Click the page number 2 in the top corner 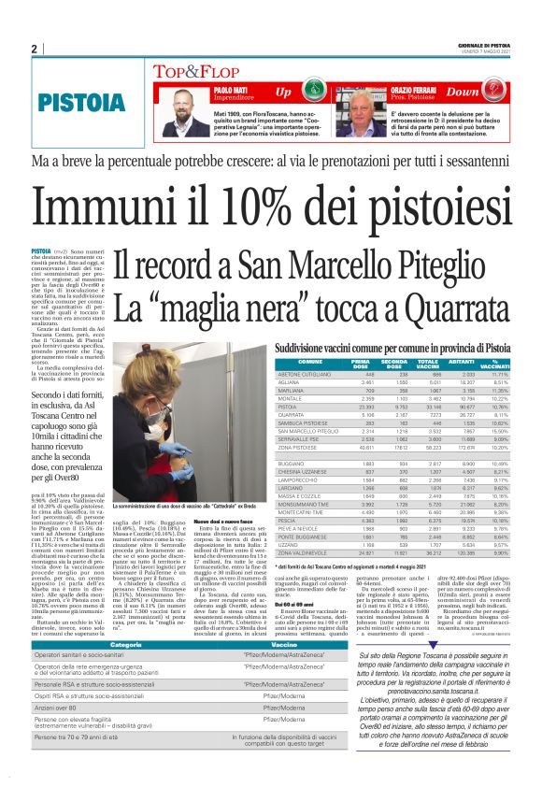tap(35, 50)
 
